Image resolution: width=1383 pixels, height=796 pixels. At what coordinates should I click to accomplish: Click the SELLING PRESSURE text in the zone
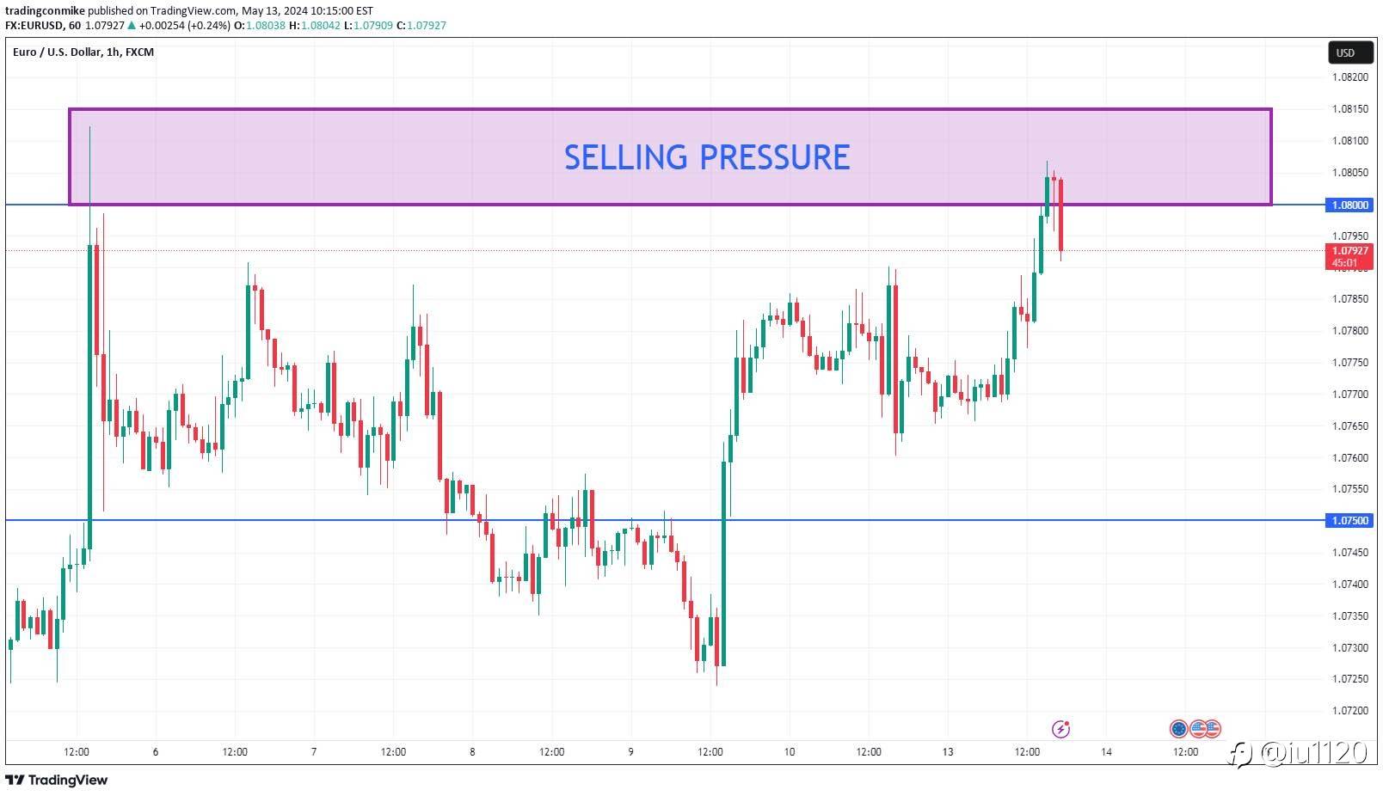tap(706, 157)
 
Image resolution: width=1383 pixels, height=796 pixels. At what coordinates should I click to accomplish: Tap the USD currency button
tap(1345, 52)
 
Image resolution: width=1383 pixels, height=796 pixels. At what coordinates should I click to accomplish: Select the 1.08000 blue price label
tap(1349, 205)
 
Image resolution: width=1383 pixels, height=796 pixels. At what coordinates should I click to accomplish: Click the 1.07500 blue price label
tap(1349, 521)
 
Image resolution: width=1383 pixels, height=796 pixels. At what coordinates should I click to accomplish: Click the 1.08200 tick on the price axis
tap(1349, 77)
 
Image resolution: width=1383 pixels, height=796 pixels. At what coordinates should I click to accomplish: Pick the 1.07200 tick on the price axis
tap(1349, 711)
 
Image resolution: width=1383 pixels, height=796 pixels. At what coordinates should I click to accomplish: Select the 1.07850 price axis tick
tap(1349, 299)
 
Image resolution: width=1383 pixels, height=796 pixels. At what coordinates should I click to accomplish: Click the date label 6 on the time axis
tap(156, 752)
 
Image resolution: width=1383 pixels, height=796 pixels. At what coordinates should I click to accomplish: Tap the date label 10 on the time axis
tap(790, 752)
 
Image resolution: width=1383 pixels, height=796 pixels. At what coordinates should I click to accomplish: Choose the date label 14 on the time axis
tap(1106, 752)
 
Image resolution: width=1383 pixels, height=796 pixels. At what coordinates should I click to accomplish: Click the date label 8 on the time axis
tap(472, 752)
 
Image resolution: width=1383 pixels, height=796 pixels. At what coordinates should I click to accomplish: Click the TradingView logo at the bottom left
tap(57, 781)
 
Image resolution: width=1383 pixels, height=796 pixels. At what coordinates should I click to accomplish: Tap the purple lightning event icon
tap(1061, 729)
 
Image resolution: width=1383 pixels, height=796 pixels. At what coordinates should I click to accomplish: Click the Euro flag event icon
tap(1178, 729)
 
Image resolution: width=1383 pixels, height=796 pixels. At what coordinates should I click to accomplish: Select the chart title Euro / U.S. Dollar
tap(57, 52)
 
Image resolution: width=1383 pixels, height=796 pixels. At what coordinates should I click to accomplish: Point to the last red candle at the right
tap(1061, 215)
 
